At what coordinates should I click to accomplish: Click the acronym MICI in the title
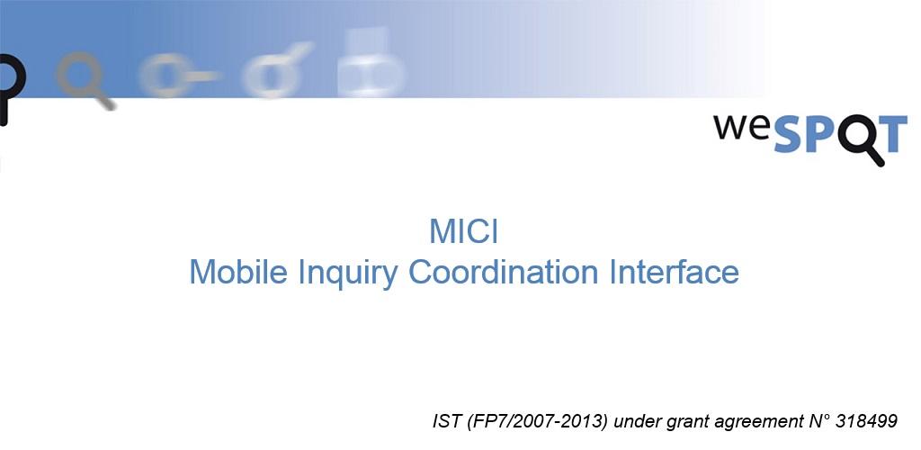click(464, 231)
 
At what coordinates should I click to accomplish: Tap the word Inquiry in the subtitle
click(348, 274)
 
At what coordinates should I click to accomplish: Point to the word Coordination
click(504, 272)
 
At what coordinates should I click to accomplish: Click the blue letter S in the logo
click(790, 134)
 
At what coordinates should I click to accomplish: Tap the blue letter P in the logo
click(823, 134)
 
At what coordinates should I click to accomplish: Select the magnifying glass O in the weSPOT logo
click(859, 139)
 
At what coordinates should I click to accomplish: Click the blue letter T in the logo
click(891, 134)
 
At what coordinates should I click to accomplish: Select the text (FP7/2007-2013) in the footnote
click(538, 422)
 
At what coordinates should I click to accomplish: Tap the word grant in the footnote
click(692, 423)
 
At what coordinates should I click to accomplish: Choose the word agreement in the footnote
click(758, 423)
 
